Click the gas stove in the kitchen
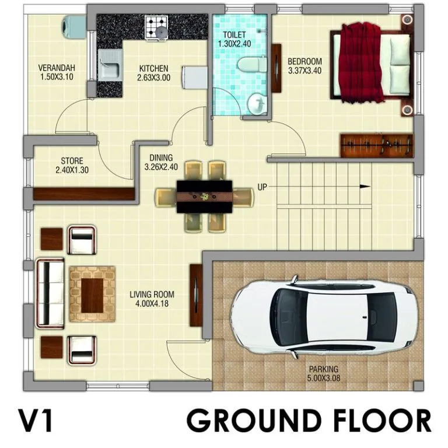[156, 27]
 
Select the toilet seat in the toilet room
[251, 65]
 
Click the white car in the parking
[323, 317]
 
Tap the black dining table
[204, 196]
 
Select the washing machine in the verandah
[74, 27]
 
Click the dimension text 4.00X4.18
[152, 303]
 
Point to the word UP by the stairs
[262, 187]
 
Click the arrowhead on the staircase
[365, 187]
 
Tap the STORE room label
[72, 160]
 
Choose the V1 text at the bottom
[36, 420]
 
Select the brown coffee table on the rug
[92, 295]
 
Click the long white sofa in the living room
[50, 293]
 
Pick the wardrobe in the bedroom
[377, 145]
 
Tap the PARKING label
[324, 369]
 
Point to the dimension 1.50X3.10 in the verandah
[57, 76]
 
